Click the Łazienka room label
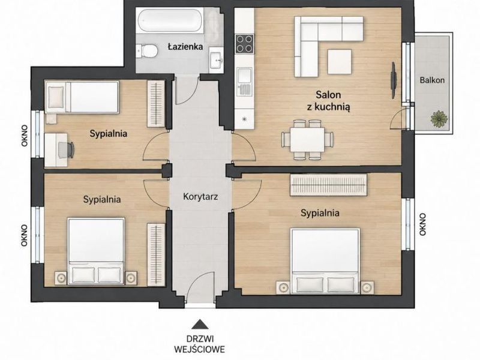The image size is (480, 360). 185,47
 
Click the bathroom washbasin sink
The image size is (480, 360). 217,59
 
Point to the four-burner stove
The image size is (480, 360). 244,44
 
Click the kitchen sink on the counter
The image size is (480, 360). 244,81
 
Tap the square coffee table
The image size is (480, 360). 339,62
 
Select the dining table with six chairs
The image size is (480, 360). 307,140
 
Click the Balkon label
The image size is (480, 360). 432,80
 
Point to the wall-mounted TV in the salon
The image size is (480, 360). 394,80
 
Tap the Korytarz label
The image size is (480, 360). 200,196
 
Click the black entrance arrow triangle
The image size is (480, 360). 200,324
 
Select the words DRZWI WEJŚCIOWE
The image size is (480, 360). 200,344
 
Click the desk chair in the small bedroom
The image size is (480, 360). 67,149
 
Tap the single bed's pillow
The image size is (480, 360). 56,97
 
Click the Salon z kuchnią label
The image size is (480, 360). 328,100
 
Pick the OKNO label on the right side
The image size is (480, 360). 423,224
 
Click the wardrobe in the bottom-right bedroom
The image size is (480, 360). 328,185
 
